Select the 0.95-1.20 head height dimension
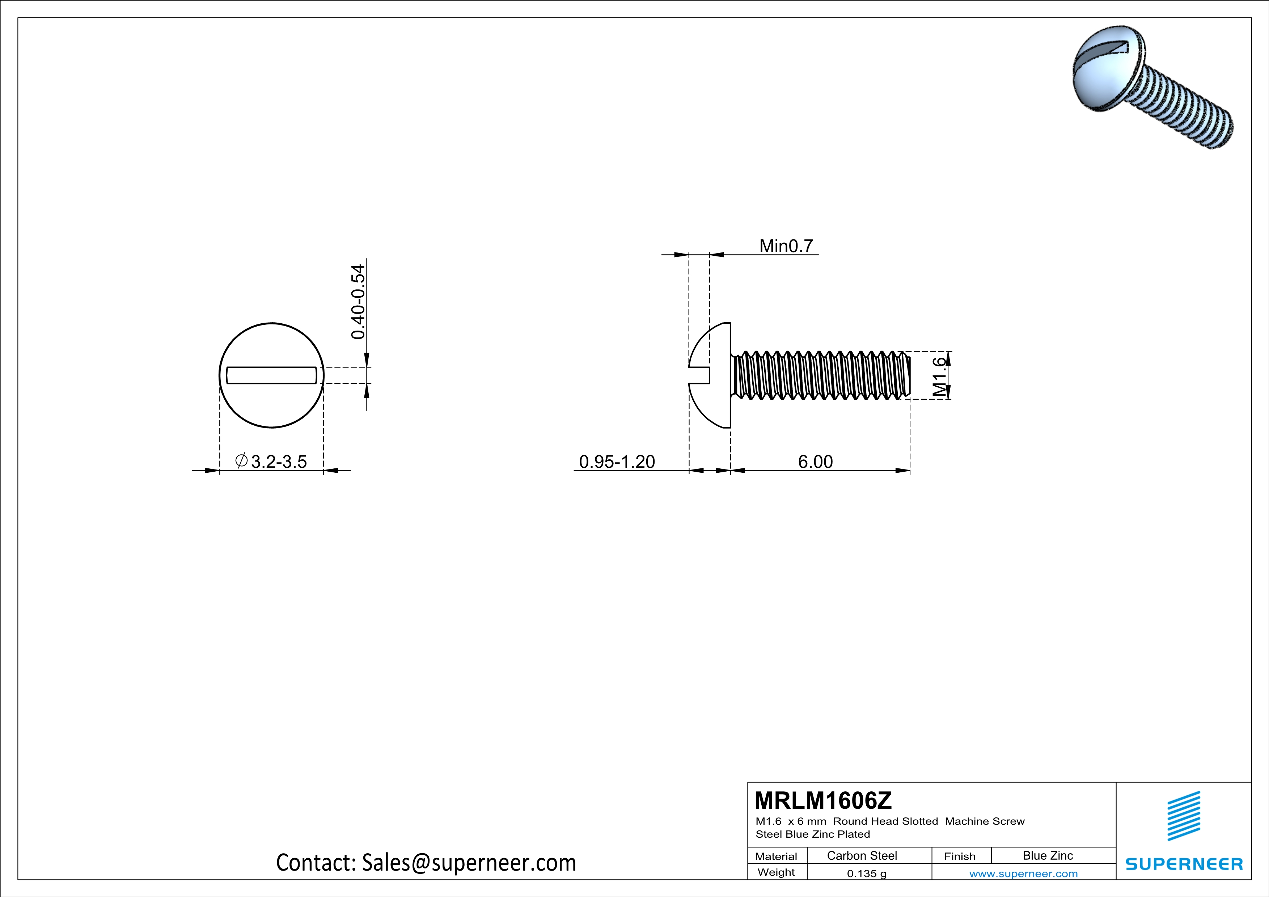[617, 461]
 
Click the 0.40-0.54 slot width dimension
[358, 302]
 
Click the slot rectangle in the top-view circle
[271, 375]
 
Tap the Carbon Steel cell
[862, 855]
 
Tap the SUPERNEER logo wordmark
[1184, 864]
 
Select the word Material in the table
[776, 856]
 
